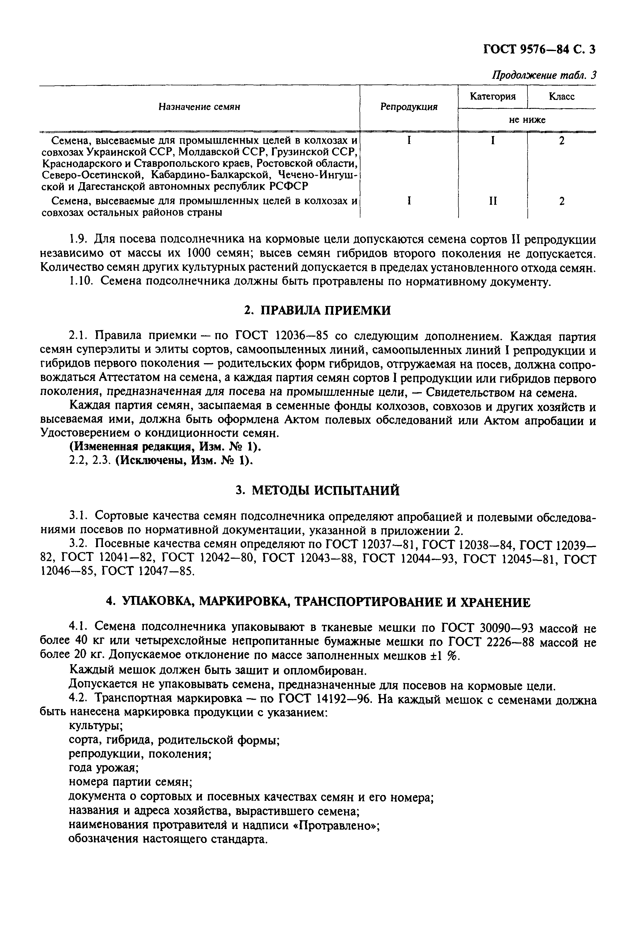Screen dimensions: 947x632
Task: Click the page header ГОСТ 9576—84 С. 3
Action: pyautogui.click(x=539, y=49)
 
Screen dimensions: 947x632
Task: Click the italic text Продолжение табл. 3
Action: pyautogui.click(x=544, y=75)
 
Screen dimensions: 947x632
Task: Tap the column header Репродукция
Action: pyautogui.click(x=409, y=107)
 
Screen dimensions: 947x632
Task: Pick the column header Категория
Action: pyautogui.click(x=493, y=97)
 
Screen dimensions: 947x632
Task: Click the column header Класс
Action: pyautogui.click(x=561, y=97)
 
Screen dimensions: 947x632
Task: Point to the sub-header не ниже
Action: pyautogui.click(x=527, y=120)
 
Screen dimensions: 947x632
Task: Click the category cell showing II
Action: pyautogui.click(x=493, y=201)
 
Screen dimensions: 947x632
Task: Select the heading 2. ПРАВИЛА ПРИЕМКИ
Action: pyautogui.click(x=318, y=310)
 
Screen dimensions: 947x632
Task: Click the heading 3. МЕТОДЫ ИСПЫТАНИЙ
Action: pyautogui.click(x=318, y=490)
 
